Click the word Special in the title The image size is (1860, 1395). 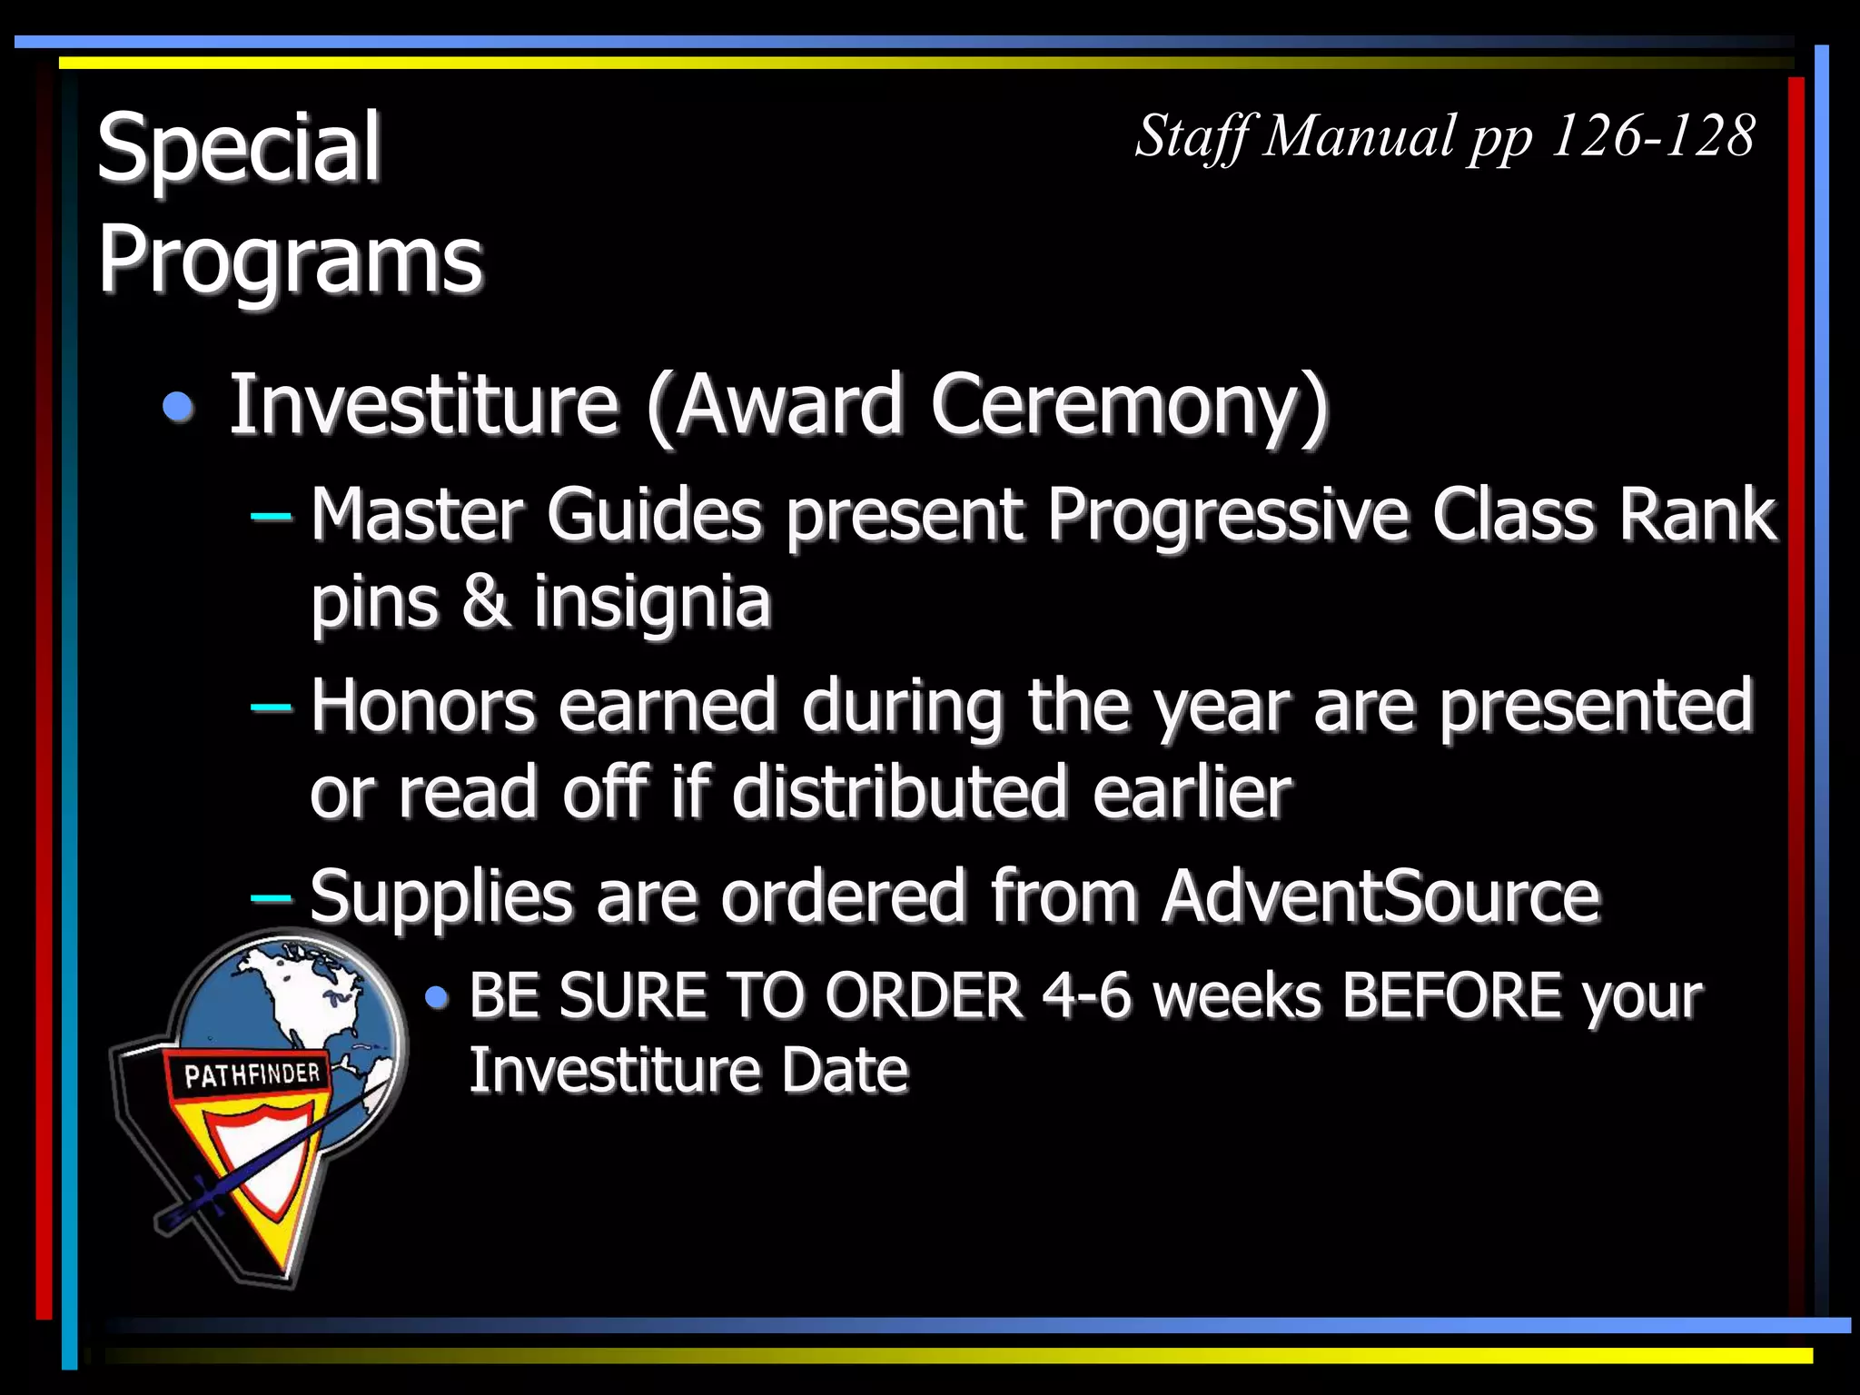(x=238, y=147)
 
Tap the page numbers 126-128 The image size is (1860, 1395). (x=1652, y=136)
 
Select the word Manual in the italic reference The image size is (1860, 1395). (x=1360, y=136)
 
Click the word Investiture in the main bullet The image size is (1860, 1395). (x=423, y=405)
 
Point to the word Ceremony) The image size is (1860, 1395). (x=1128, y=405)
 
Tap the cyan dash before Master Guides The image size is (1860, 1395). (x=271, y=517)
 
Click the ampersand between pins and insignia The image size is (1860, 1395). (x=485, y=602)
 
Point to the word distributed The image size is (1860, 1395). (x=898, y=793)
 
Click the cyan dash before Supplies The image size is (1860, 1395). (x=271, y=898)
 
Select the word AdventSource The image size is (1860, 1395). (x=1380, y=897)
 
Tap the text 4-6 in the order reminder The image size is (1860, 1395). (x=1085, y=995)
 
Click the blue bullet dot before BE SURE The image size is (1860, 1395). (x=437, y=998)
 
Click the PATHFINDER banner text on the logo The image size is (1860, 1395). (x=252, y=1075)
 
